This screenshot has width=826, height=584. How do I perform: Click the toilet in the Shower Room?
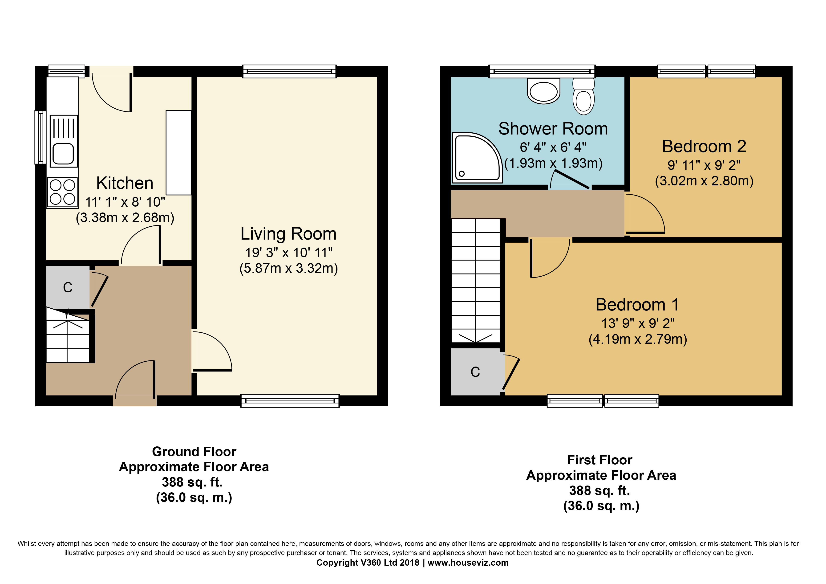583,96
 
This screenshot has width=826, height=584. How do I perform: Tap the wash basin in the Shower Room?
544,91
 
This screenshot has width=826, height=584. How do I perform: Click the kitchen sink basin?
63,154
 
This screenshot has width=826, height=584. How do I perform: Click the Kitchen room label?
125,183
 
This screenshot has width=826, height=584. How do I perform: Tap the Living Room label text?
288,234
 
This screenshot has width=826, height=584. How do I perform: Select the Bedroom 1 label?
637,305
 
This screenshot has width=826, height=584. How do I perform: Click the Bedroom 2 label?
704,147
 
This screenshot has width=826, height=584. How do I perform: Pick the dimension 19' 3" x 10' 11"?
288,253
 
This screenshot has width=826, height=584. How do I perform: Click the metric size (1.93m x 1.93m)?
553,163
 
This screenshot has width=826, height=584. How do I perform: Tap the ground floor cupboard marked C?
68,287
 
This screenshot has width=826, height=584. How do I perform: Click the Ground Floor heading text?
194,452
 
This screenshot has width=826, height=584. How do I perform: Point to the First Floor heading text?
600,460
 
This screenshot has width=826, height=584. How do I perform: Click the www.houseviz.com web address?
468,563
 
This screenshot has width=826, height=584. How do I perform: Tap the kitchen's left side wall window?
40,137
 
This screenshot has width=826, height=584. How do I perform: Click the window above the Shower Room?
542,71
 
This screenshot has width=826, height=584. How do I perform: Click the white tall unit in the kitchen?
178,153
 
